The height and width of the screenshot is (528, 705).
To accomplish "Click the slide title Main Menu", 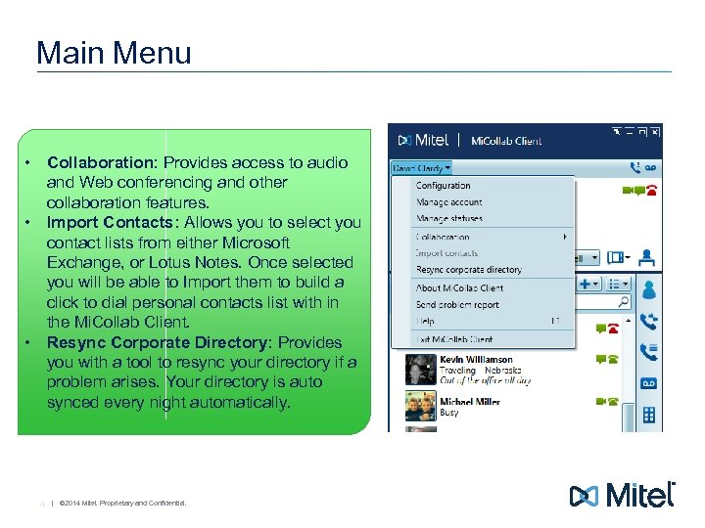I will [114, 52].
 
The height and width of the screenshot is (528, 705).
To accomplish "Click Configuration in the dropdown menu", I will [443, 186].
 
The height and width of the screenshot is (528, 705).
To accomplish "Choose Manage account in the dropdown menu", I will [448, 202].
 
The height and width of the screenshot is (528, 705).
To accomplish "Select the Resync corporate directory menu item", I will [468, 270].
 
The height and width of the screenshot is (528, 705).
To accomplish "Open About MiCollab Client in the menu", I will [459, 288].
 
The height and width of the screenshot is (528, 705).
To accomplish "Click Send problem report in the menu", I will [457, 305].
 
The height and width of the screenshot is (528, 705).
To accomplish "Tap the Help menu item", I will [425, 322].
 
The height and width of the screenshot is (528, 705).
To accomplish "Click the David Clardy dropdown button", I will [421, 167].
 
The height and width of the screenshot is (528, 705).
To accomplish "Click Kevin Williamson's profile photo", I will [421, 370].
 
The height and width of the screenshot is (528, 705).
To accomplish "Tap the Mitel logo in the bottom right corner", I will [622, 495].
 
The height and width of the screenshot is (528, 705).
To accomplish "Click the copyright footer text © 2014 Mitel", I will [121, 504].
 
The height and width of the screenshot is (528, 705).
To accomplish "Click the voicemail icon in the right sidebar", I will [647, 383].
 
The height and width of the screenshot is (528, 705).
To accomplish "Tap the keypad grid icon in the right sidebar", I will [648, 415].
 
